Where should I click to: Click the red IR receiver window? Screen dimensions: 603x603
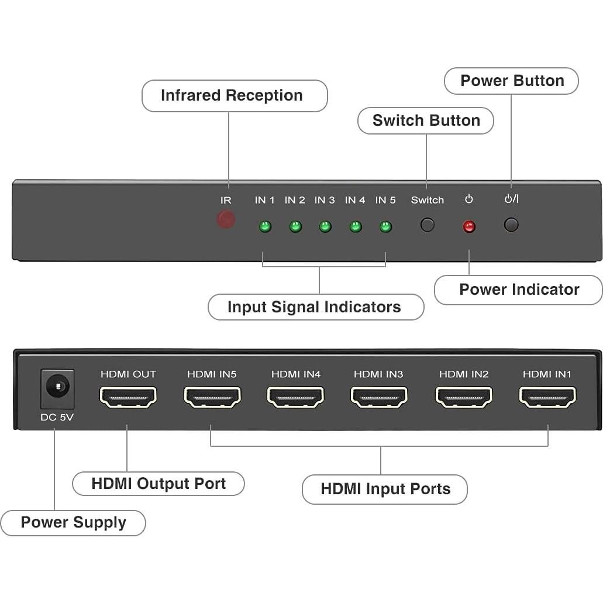(226, 220)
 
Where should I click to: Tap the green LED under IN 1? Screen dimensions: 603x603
(265, 226)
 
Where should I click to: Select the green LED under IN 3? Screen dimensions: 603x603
(325, 226)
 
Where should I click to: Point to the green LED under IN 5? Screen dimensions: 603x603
(385, 226)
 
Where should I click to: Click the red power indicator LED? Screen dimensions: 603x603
(469, 227)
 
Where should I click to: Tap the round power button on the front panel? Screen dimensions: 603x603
(511, 225)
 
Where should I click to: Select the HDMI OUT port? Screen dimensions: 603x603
(128, 397)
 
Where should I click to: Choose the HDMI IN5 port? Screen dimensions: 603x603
(212, 397)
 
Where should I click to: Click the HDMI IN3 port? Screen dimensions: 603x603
(379, 397)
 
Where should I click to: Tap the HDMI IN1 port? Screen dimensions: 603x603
(547, 397)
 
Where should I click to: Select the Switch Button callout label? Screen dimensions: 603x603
(426, 120)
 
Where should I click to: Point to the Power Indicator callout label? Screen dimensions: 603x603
(519, 290)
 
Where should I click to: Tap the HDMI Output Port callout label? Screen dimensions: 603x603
(158, 484)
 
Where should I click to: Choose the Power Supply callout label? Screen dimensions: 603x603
(73, 522)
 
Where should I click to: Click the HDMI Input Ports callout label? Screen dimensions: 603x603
(385, 489)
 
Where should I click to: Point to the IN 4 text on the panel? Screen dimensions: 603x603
(355, 200)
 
